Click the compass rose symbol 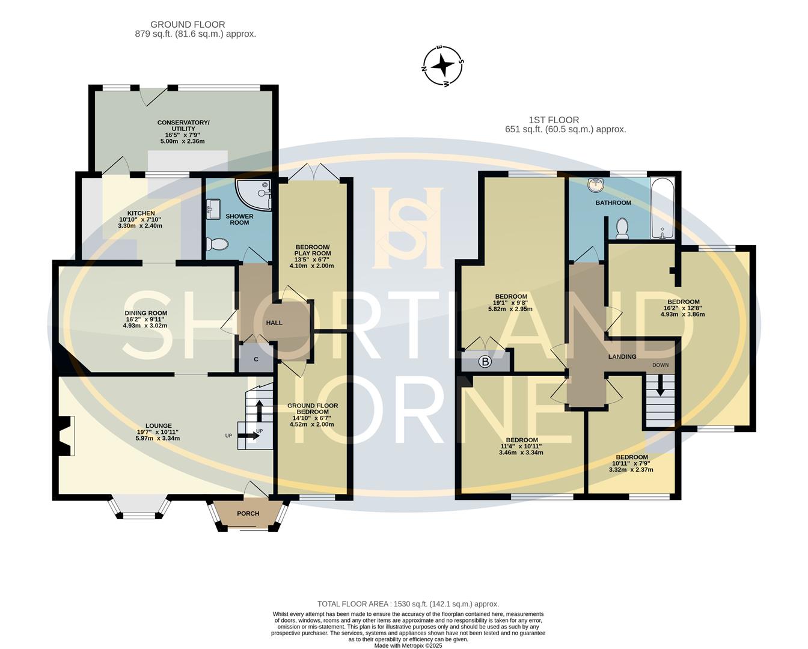tap(443, 66)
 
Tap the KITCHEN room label tap(141, 213)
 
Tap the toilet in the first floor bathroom tap(622, 228)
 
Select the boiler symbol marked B tap(485, 362)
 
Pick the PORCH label tap(248, 513)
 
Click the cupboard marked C tap(256, 359)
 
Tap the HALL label tap(274, 323)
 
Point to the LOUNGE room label tap(158, 426)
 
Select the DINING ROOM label tap(145, 313)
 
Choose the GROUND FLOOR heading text tap(188, 25)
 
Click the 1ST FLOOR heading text tap(554, 120)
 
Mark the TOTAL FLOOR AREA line tap(408, 604)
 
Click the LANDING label tap(622, 356)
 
